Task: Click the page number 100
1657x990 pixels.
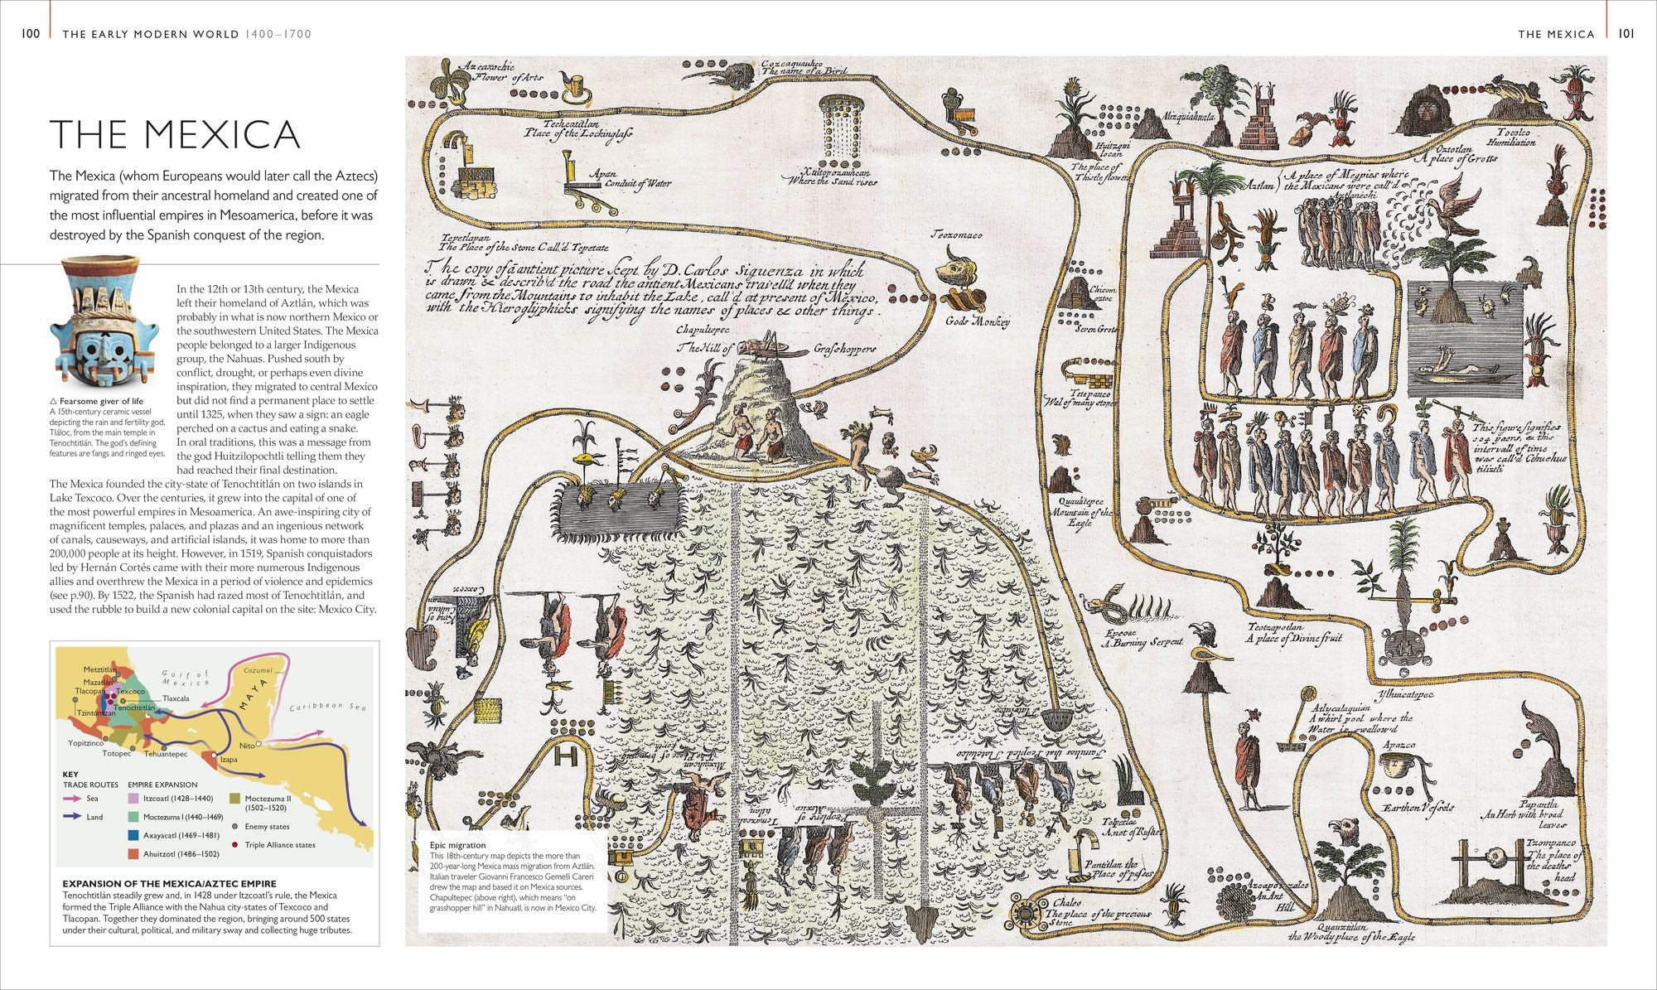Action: point(31,34)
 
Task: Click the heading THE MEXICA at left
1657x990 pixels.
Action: point(175,134)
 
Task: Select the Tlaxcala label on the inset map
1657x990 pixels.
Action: point(175,698)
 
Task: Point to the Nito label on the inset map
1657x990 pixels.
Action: point(246,745)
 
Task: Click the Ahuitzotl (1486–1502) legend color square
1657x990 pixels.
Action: point(133,853)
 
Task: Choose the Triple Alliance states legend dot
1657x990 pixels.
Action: point(236,845)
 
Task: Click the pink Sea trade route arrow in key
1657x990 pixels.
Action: point(72,799)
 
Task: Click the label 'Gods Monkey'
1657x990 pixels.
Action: point(978,321)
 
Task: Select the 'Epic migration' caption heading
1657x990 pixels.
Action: point(457,845)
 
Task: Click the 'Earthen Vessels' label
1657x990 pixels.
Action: point(1418,807)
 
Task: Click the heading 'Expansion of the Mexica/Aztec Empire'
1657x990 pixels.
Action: point(169,883)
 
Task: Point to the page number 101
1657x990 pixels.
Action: point(1626,34)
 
